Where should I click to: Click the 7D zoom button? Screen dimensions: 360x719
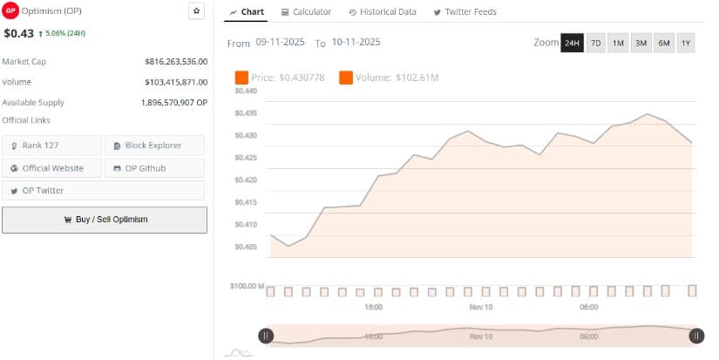pyautogui.click(x=596, y=43)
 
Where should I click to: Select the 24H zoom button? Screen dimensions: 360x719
pyautogui.click(x=572, y=43)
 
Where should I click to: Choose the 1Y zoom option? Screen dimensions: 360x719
pyautogui.click(x=685, y=43)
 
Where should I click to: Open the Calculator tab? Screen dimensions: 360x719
pyautogui.click(x=306, y=12)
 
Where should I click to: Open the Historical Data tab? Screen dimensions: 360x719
pyautogui.click(x=383, y=12)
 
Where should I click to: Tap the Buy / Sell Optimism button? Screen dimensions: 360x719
pyautogui.click(x=105, y=220)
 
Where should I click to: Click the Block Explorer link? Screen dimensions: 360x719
pyautogui.click(x=154, y=146)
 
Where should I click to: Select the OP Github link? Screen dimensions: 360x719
pyautogui.click(x=154, y=168)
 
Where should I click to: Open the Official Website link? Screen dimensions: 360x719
pyautogui.click(x=52, y=168)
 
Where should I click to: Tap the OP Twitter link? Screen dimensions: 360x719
pyautogui.click(x=52, y=191)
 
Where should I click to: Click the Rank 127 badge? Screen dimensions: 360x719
pyautogui.click(x=52, y=146)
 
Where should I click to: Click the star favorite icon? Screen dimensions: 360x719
pyautogui.click(x=196, y=10)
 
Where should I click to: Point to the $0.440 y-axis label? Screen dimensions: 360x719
pyautogui.click(x=246, y=91)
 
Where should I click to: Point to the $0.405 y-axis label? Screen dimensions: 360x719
pyautogui.click(x=246, y=247)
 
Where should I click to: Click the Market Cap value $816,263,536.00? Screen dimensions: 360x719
pyautogui.click(x=176, y=61)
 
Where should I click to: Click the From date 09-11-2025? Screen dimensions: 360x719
pyautogui.click(x=281, y=42)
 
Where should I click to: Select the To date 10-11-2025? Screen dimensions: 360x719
pyautogui.click(x=356, y=42)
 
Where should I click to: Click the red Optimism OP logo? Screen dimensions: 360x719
pyautogui.click(x=10, y=10)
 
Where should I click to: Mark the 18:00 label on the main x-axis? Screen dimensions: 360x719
pyautogui.click(x=373, y=308)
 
